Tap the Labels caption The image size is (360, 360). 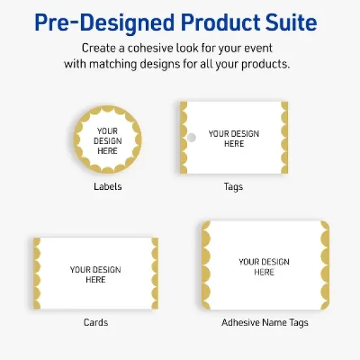tap(107, 187)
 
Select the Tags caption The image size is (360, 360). tap(233, 187)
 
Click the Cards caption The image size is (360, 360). tap(96, 323)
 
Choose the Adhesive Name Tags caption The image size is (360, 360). tap(264, 323)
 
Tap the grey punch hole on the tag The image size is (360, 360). tap(191, 137)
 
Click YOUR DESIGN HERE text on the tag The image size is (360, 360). tap(234, 138)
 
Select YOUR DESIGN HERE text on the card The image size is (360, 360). tap(96, 274)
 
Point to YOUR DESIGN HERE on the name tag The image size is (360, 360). tap(264, 266)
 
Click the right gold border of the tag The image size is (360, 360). tap(285, 137)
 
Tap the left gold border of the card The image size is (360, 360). tap(37, 274)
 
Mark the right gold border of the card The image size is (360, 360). tap(155, 274)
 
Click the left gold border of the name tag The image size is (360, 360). tap(206, 265)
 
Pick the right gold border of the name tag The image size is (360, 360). tap(323, 265)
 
